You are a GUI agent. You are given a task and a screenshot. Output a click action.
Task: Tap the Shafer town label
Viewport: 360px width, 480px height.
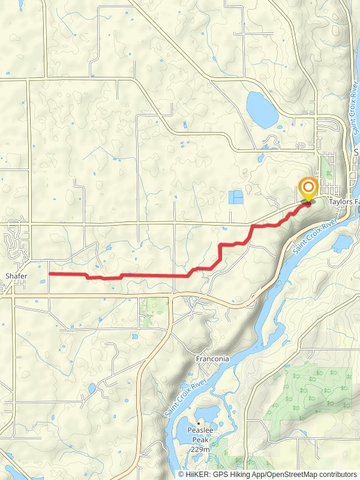pos(16,275)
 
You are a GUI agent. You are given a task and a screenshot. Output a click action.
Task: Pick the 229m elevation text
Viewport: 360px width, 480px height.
pos(199,449)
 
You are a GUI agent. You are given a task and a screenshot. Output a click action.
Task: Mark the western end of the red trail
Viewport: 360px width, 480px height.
pos(49,274)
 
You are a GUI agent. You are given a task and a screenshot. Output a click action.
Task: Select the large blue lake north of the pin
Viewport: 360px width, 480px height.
pos(262,108)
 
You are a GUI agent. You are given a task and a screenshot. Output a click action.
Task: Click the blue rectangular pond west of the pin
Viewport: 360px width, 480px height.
pos(236,197)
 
